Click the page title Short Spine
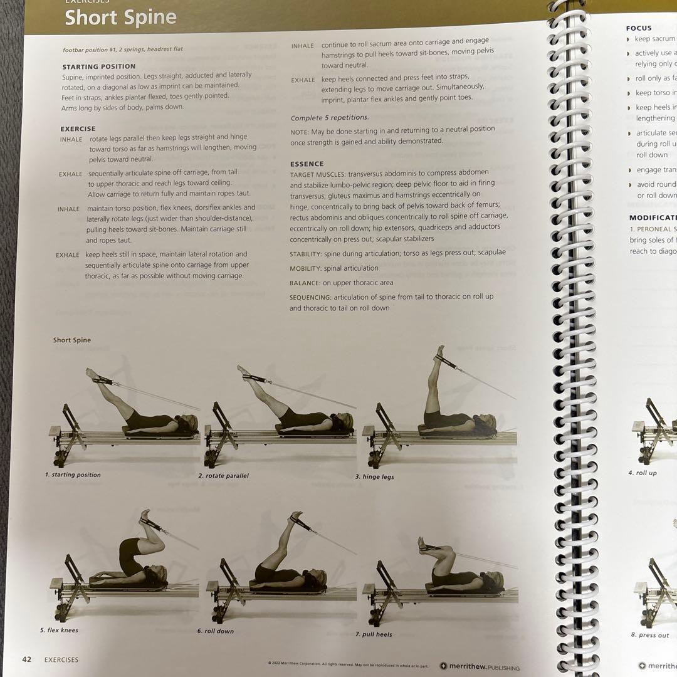click(x=120, y=18)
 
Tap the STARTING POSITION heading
click(x=98, y=66)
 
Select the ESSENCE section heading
click(x=307, y=164)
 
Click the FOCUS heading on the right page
click(x=639, y=28)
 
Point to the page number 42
click(x=27, y=659)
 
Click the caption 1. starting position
click(x=73, y=475)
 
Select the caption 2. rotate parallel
click(x=223, y=476)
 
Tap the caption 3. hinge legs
click(x=374, y=477)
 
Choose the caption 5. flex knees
click(x=60, y=630)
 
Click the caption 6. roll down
click(x=215, y=631)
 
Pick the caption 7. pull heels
click(x=374, y=634)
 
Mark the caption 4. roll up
click(x=643, y=473)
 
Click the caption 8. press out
click(x=649, y=635)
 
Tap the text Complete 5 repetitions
click(x=330, y=118)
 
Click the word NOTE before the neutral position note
click(x=299, y=129)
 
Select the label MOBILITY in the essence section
click(x=305, y=268)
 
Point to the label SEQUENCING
click(x=310, y=297)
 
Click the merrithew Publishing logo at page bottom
click(x=479, y=667)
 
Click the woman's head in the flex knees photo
click(x=157, y=572)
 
